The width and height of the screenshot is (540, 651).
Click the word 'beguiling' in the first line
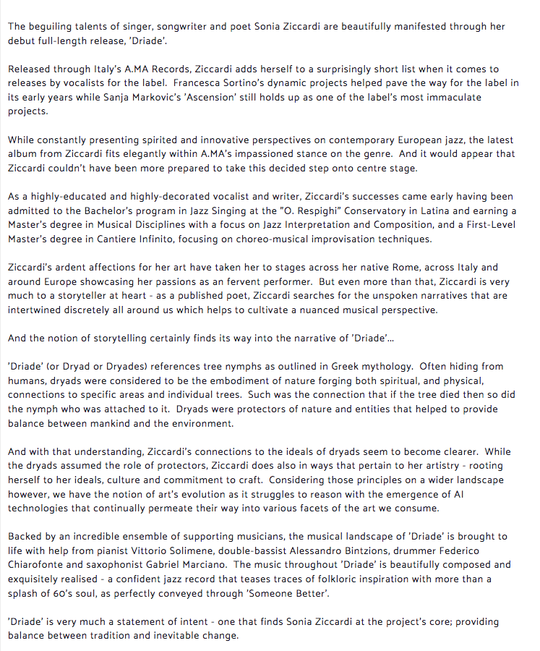pyautogui.click(x=55, y=26)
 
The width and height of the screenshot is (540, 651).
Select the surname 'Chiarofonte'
pyautogui.click(x=39, y=564)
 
